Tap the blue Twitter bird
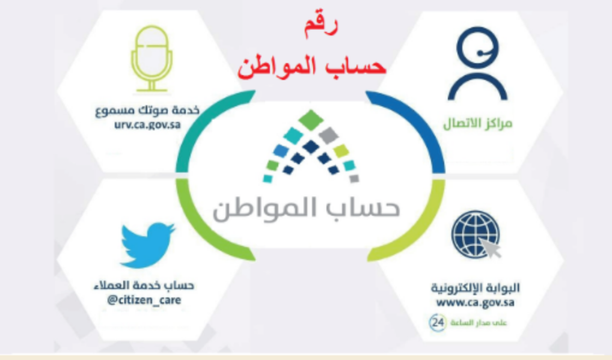pos(147,244)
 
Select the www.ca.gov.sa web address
pos(475,302)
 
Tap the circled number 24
pos(438,322)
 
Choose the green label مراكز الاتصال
pos(477,125)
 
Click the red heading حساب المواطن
pos(311,66)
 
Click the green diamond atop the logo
pos(311,120)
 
